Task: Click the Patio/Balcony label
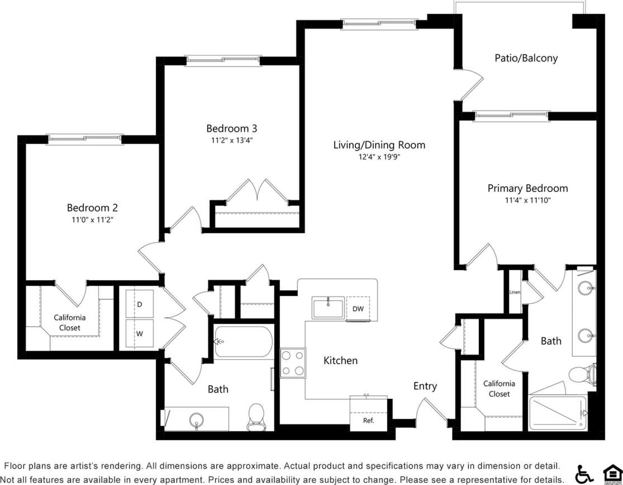click(526, 58)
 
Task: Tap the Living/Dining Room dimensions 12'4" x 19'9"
click(379, 157)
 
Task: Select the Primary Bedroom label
click(527, 188)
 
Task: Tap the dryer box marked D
click(139, 304)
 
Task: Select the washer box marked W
click(139, 334)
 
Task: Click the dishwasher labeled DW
click(358, 309)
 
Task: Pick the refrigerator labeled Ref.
click(368, 420)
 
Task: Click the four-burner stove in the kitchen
click(293, 363)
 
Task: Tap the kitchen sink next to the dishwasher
click(328, 308)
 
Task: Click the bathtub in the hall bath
click(243, 342)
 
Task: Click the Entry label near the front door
click(425, 386)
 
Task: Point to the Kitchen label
click(340, 361)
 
